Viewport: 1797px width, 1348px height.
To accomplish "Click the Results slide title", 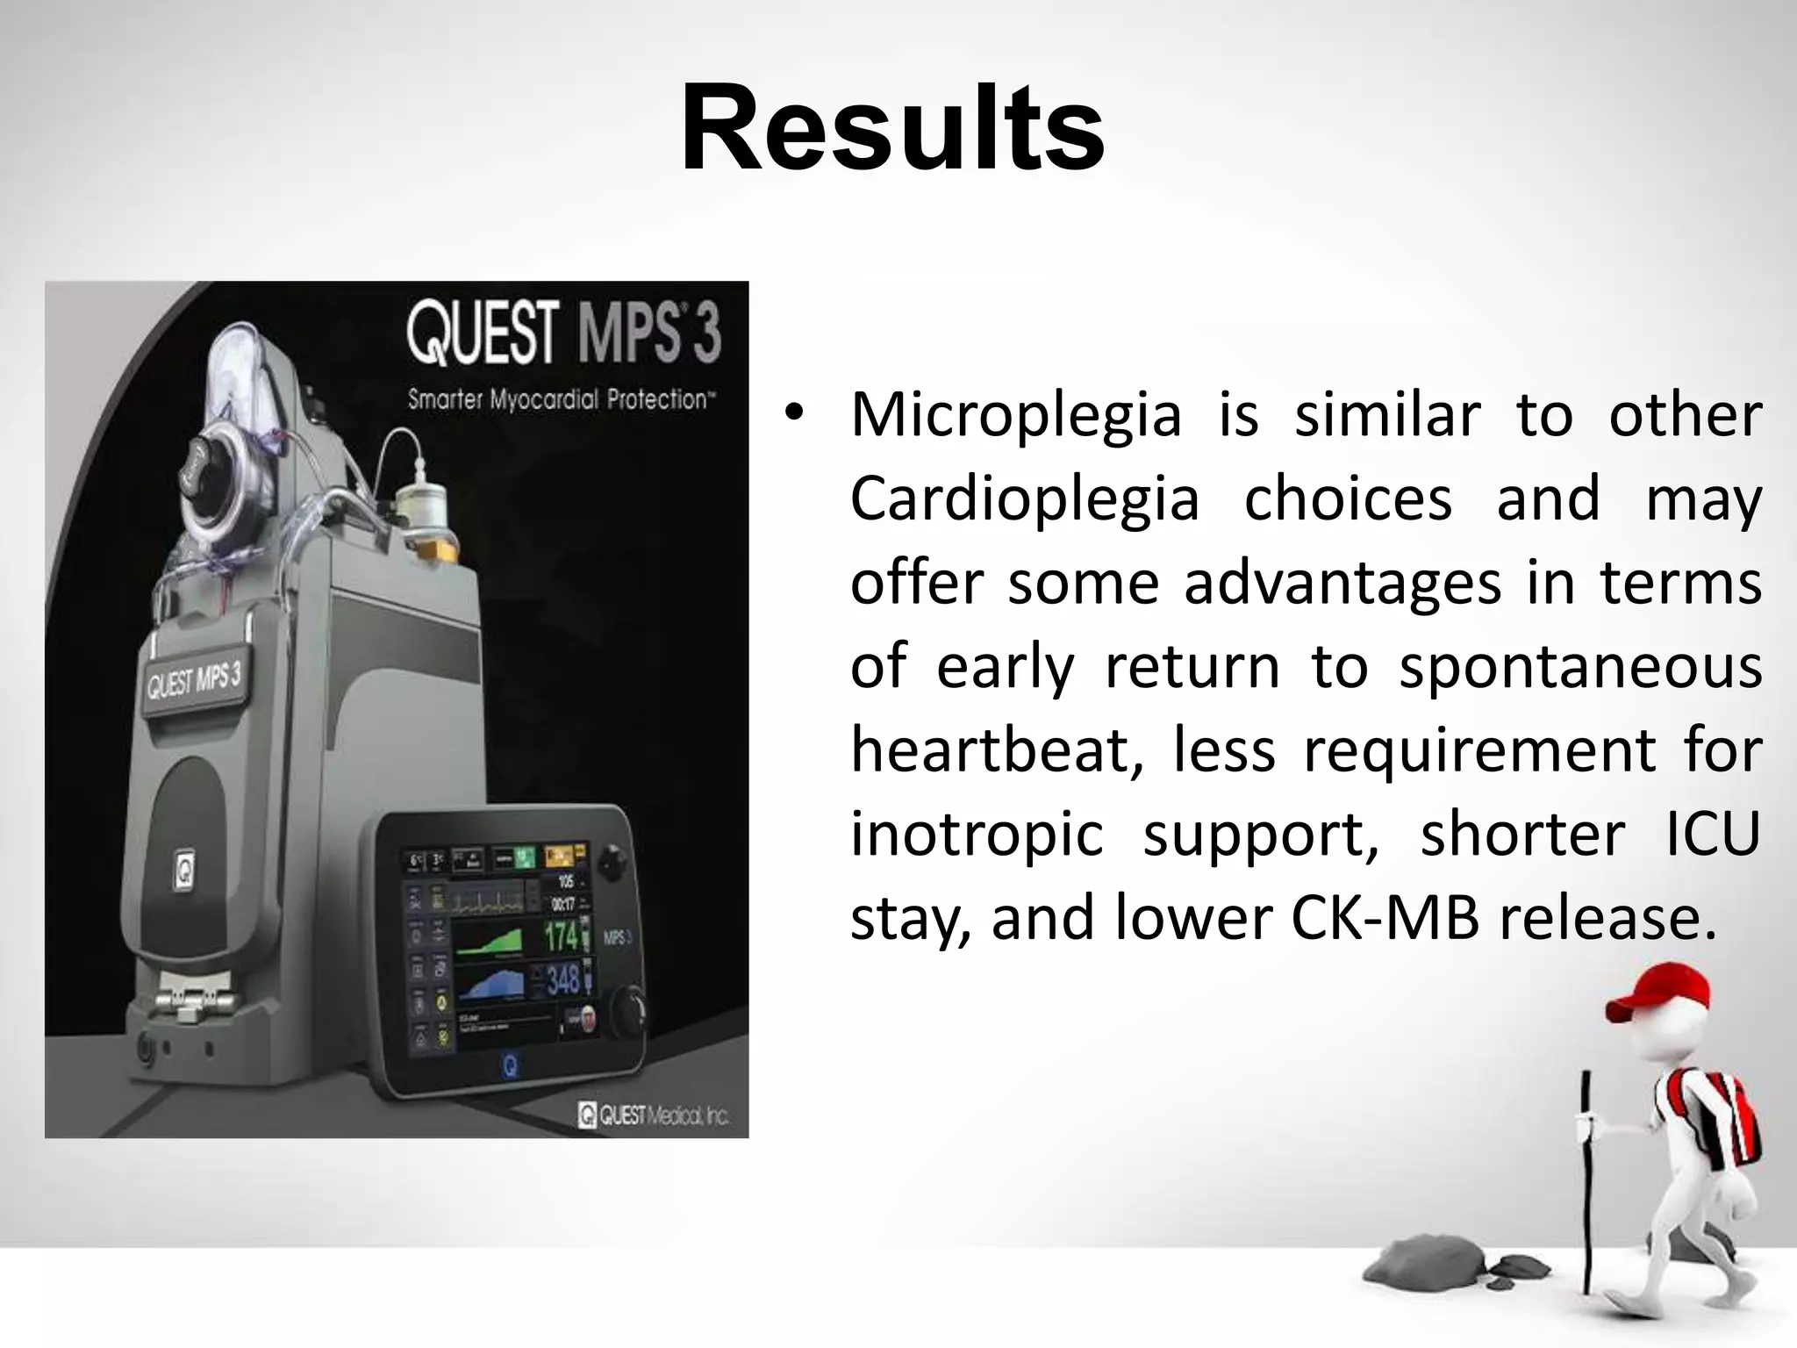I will pyautogui.click(x=892, y=129).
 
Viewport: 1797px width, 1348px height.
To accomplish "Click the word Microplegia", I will pyautogui.click(x=1015, y=414).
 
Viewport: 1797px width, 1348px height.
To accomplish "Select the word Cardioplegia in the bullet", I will pyautogui.click(x=1024, y=498).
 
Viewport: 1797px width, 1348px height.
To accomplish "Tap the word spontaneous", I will pyautogui.click(x=1580, y=667).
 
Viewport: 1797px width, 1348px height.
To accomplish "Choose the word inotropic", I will pyautogui.click(x=976, y=834).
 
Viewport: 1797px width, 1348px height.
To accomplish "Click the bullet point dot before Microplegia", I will pyautogui.click(x=794, y=414).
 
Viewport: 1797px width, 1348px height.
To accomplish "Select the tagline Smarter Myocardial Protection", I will pyautogui.click(x=562, y=400).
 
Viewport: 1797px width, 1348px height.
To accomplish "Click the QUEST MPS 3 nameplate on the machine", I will pyautogui.click(x=193, y=680).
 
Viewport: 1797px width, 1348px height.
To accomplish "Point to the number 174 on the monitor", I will pyautogui.click(x=562, y=936).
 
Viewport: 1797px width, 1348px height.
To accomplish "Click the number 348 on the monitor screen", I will pyautogui.click(x=562, y=979).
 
